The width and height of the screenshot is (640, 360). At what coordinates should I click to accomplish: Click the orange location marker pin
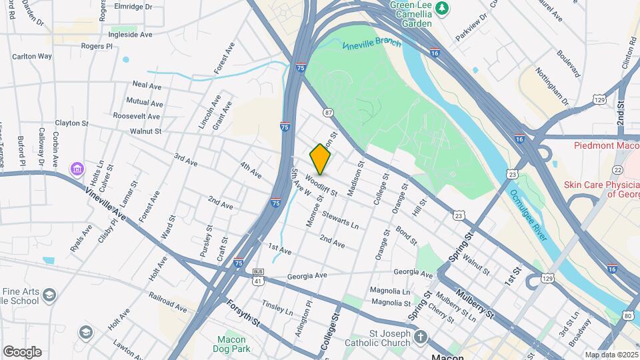pyautogui.click(x=321, y=159)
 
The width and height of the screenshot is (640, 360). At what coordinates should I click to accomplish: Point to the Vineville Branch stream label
pyautogui.click(x=372, y=45)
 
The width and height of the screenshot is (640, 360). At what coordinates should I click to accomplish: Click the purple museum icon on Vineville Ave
pyautogui.click(x=78, y=169)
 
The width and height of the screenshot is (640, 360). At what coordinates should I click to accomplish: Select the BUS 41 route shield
pyautogui.click(x=258, y=277)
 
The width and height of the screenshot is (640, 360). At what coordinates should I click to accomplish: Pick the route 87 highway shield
pyautogui.click(x=328, y=113)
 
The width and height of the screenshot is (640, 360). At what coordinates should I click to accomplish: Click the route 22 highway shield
pyautogui.click(x=618, y=171)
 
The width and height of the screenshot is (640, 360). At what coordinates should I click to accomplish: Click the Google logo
pyautogui.click(x=22, y=351)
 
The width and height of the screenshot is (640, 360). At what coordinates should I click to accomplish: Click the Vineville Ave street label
pyautogui.click(x=105, y=203)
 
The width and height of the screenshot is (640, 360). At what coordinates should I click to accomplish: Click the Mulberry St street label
pyautogui.click(x=475, y=305)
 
